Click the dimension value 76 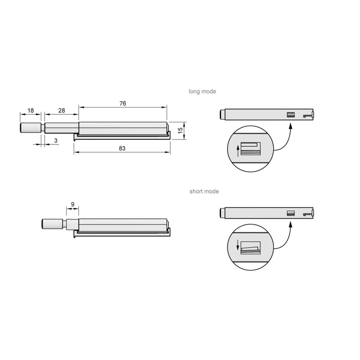click(x=123, y=103)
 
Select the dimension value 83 click(x=122, y=148)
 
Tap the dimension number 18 click(x=30, y=110)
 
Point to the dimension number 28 click(x=61, y=110)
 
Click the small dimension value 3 click(x=55, y=141)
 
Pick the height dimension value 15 click(x=180, y=130)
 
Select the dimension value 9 click(x=72, y=203)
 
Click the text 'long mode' click(x=202, y=91)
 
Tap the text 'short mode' click(x=204, y=191)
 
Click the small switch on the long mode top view click(x=291, y=115)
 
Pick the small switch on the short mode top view click(x=291, y=213)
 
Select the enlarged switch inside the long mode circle click(x=251, y=149)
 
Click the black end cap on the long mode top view click(x=222, y=114)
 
